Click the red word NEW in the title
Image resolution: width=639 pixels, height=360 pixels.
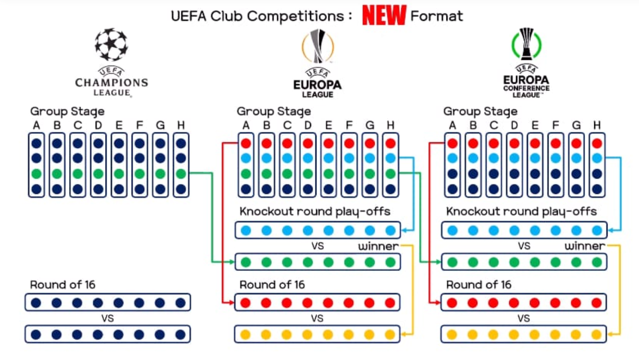[x=384, y=15]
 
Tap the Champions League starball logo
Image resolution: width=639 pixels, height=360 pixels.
[x=111, y=44]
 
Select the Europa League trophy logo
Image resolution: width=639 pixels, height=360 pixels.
[x=317, y=46]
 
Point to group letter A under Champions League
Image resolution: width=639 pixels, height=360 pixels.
[x=36, y=125]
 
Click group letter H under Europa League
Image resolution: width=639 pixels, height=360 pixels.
[x=390, y=125]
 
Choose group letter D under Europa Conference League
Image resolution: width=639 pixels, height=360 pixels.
[x=514, y=125]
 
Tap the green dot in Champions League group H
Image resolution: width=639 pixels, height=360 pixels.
[x=181, y=173]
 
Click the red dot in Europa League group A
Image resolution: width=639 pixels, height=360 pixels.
[x=246, y=144]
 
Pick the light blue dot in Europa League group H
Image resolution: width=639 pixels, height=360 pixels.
[x=390, y=158]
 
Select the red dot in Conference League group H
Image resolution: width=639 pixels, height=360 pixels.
[x=597, y=144]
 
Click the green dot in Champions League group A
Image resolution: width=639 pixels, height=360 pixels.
[x=36, y=173]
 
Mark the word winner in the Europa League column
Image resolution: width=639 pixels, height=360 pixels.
[x=378, y=246]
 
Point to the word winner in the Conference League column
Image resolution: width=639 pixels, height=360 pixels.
[x=585, y=246]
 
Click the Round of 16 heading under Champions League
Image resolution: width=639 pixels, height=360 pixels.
[x=63, y=285]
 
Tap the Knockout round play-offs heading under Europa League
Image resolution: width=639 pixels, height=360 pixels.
[x=315, y=211]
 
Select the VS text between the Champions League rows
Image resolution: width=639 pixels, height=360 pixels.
[x=108, y=319]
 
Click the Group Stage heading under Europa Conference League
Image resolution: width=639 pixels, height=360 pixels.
[x=480, y=111]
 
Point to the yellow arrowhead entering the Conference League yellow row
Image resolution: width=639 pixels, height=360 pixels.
[x=610, y=334]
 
